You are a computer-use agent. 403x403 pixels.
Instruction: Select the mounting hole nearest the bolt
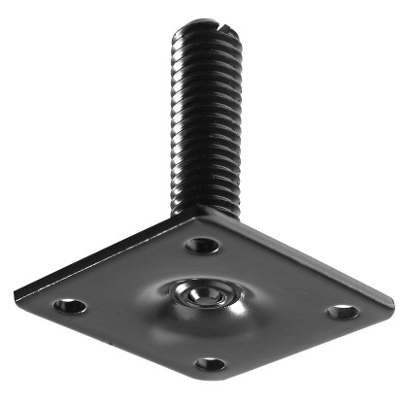coord(202,244)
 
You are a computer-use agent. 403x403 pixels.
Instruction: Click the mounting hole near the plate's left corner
coord(69,306)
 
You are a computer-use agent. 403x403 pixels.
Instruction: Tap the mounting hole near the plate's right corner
coord(341,312)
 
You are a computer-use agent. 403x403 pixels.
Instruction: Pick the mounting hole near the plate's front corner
coord(210,364)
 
